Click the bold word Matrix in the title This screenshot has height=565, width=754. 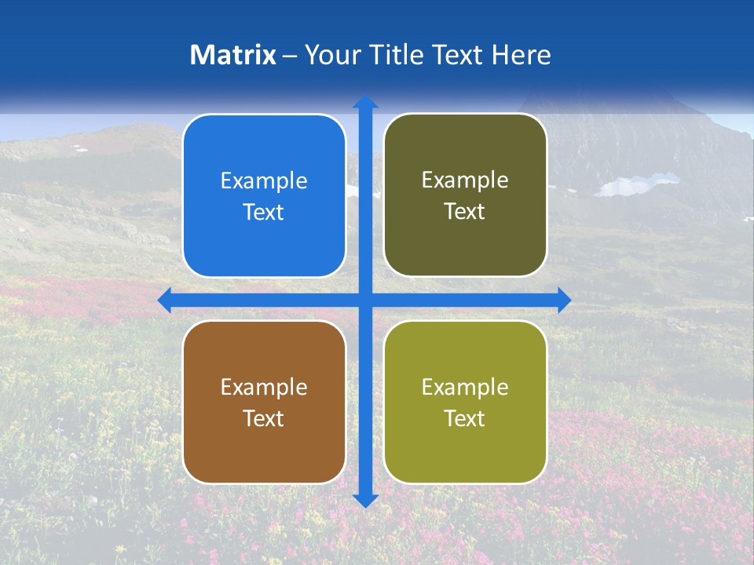(233, 55)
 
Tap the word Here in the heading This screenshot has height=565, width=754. (521, 55)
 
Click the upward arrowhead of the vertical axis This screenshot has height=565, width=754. (365, 102)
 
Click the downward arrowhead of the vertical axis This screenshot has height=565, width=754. (365, 500)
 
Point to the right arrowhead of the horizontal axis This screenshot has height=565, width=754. (564, 300)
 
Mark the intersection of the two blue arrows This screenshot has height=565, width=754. (365, 300)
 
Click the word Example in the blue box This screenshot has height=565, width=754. (264, 181)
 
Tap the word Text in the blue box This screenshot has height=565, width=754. (264, 213)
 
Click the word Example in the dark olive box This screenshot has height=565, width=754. (465, 180)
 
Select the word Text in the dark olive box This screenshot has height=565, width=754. (465, 212)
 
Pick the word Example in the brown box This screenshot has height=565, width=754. (264, 388)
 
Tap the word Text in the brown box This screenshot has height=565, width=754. (264, 419)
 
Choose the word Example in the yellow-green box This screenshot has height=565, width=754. (465, 388)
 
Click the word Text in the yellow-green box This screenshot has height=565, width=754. (465, 419)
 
